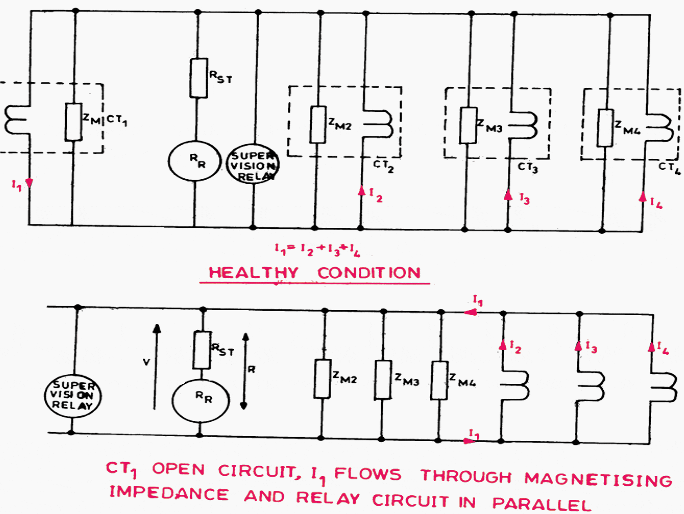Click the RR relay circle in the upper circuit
194,161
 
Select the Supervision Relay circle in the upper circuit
253,164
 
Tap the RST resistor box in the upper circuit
199,78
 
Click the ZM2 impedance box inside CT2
318,125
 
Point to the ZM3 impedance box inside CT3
468,126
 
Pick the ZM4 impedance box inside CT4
605,128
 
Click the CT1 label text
117,120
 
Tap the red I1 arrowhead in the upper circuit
29,183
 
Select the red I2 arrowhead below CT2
362,191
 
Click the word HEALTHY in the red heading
253,273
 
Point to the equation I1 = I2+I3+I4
317,250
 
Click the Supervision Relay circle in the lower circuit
73,396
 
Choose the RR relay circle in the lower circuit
201,400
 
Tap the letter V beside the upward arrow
146,362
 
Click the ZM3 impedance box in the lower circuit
382,380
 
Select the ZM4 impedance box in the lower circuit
439,381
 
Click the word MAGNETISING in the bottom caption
598,479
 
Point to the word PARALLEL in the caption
542,504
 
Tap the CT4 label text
669,168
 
